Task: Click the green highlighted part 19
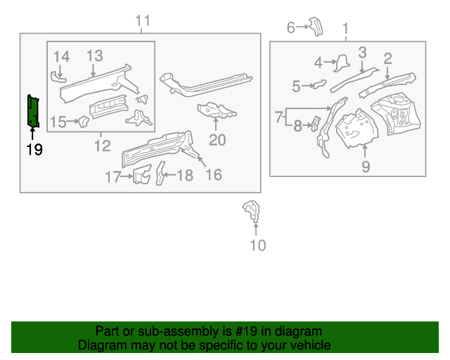[x=33, y=111]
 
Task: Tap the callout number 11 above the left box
[x=143, y=21]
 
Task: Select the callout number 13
[x=94, y=56]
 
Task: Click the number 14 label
[x=62, y=56]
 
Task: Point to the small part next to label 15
[x=82, y=122]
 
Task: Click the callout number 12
[x=102, y=146]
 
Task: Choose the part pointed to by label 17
[x=143, y=174]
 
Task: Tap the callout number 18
[x=184, y=176]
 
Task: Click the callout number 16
[x=213, y=174]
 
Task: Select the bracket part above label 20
[x=216, y=110]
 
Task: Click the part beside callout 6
[x=316, y=27]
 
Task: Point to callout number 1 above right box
[x=345, y=28]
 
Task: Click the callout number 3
[x=362, y=51]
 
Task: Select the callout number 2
[x=387, y=58]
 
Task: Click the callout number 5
[x=296, y=86]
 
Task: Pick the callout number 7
[x=279, y=115]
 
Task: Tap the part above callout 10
[x=251, y=210]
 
